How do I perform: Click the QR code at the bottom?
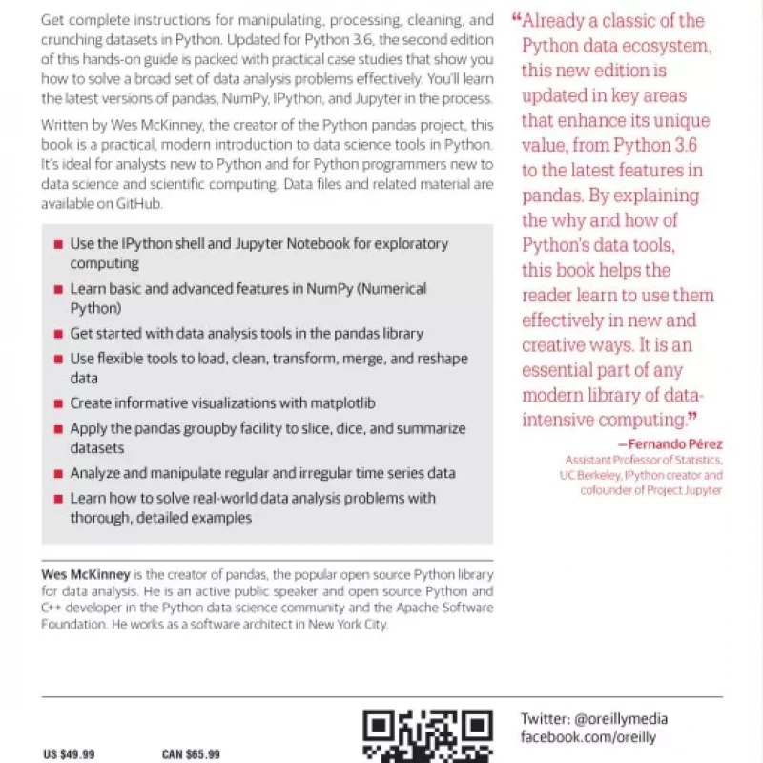[428, 736]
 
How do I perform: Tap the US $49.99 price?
[70, 754]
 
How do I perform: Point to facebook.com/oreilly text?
[588, 737]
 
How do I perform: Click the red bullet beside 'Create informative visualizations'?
[59, 404]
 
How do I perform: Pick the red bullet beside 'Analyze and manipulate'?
[59, 473]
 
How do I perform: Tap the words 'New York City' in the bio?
[348, 625]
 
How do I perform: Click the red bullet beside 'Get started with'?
[59, 334]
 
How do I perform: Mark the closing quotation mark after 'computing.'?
[694, 417]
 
